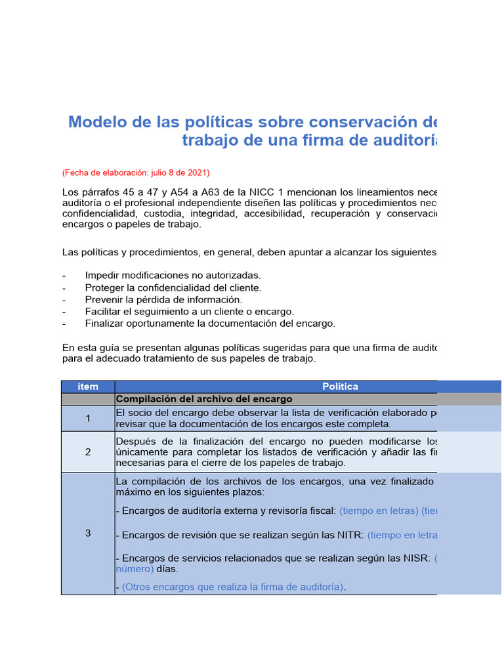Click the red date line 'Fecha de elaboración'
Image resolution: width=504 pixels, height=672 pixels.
[136, 173]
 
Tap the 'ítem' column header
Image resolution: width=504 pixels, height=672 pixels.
[88, 387]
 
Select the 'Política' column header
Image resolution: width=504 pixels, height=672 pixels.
[340, 387]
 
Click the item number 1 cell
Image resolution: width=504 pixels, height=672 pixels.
[88, 418]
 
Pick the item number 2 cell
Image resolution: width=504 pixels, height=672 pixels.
[88, 451]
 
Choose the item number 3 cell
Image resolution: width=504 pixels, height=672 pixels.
[88, 533]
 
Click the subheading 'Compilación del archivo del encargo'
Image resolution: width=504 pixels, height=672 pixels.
[204, 399]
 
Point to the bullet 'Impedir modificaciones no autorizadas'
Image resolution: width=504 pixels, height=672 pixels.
[173, 276]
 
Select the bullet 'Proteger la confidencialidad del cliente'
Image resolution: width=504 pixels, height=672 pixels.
[173, 287]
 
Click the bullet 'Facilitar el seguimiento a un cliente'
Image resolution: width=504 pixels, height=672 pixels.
[190, 311]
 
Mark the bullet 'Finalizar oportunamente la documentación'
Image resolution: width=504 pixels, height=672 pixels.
[210, 323]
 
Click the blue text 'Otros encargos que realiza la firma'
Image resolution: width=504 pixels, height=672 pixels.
[233, 587]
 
